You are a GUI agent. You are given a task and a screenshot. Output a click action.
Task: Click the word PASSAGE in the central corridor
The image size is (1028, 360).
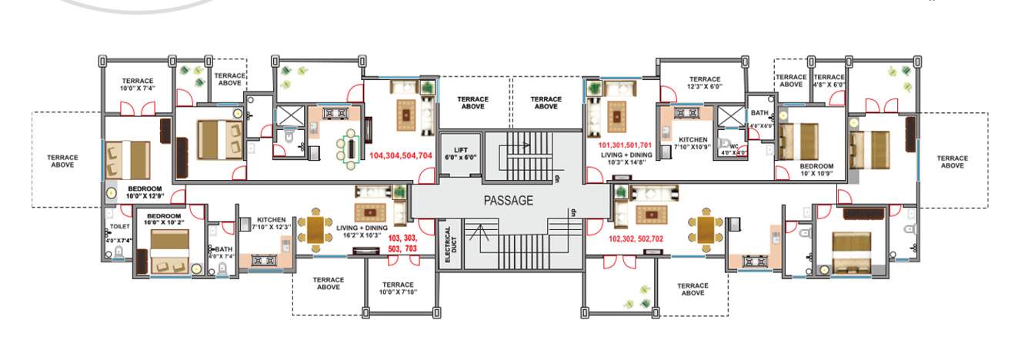click(508, 201)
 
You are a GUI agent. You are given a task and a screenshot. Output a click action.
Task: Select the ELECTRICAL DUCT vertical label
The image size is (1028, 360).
click(449, 246)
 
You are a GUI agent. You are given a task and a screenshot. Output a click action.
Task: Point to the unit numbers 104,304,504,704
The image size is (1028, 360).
click(400, 155)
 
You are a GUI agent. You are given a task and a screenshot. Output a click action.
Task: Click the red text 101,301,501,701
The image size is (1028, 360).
click(625, 145)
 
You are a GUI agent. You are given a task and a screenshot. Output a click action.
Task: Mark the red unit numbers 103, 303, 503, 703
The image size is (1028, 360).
click(403, 244)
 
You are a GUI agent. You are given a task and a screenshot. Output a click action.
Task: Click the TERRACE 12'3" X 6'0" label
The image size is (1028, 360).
click(704, 83)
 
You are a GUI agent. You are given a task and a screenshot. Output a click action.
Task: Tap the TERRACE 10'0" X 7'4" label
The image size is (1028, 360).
click(138, 85)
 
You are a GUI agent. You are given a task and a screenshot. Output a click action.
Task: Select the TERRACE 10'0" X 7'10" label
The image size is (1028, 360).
click(398, 288)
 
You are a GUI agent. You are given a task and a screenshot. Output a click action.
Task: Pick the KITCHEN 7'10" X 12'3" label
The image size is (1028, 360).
click(272, 223)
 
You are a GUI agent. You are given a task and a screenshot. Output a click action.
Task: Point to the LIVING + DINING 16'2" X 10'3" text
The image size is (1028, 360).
click(362, 232)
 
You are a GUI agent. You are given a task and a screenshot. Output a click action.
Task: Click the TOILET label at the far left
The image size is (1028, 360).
click(120, 228)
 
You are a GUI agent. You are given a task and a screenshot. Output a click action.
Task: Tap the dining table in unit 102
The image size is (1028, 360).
click(706, 228)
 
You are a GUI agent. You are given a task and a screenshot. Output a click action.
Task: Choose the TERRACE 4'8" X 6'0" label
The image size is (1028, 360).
click(829, 82)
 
